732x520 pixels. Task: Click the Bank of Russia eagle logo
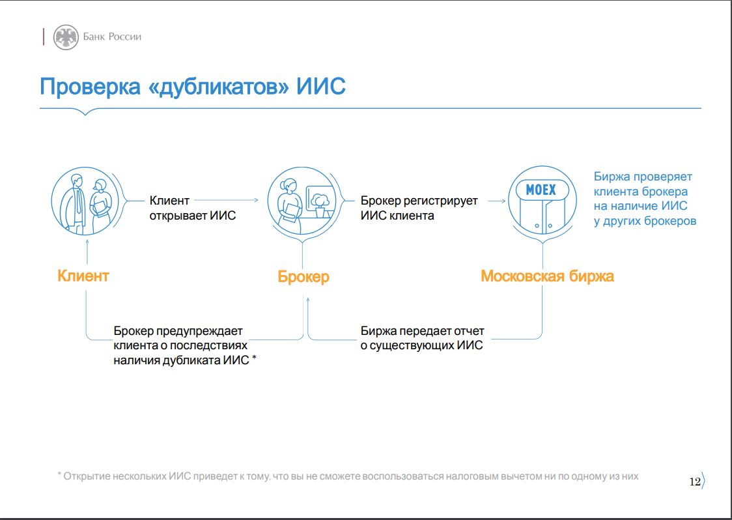point(66,37)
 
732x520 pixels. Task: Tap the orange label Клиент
point(83,276)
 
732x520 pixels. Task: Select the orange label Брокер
point(303,276)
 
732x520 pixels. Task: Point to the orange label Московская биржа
point(547,276)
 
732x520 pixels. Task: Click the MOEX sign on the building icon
point(542,190)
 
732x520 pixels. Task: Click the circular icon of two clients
point(85,201)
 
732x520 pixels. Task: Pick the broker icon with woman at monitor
point(303,201)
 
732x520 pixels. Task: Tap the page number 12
point(695,482)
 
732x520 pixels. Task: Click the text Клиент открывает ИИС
point(192,208)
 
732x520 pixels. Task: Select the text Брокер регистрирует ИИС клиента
point(419,208)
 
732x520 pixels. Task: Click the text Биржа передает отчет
point(422,331)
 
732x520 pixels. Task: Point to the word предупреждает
point(199,332)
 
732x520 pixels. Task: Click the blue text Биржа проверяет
point(643,177)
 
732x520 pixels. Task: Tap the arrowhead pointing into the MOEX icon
point(503,201)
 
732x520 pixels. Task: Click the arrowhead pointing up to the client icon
point(87,240)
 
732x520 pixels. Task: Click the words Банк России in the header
point(112,37)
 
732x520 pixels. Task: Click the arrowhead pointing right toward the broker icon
point(255,201)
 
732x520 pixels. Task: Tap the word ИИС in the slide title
point(321,87)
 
